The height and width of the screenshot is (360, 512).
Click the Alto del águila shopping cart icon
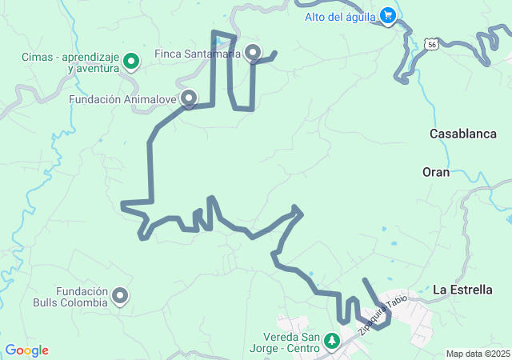click(x=389, y=15)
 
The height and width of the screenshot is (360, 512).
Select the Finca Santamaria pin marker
click(x=254, y=53)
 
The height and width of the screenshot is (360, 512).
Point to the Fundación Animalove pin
click(x=190, y=98)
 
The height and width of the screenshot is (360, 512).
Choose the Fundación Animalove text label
click(x=122, y=100)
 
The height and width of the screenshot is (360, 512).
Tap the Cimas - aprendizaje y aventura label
click(x=70, y=63)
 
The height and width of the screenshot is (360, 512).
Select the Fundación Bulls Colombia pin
click(x=121, y=296)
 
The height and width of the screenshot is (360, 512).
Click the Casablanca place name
click(x=463, y=134)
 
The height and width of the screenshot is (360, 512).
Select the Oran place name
click(x=436, y=172)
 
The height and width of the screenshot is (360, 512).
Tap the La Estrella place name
click(x=462, y=290)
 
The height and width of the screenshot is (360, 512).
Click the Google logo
click(x=26, y=350)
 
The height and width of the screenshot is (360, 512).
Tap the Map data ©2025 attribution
click(x=478, y=354)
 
